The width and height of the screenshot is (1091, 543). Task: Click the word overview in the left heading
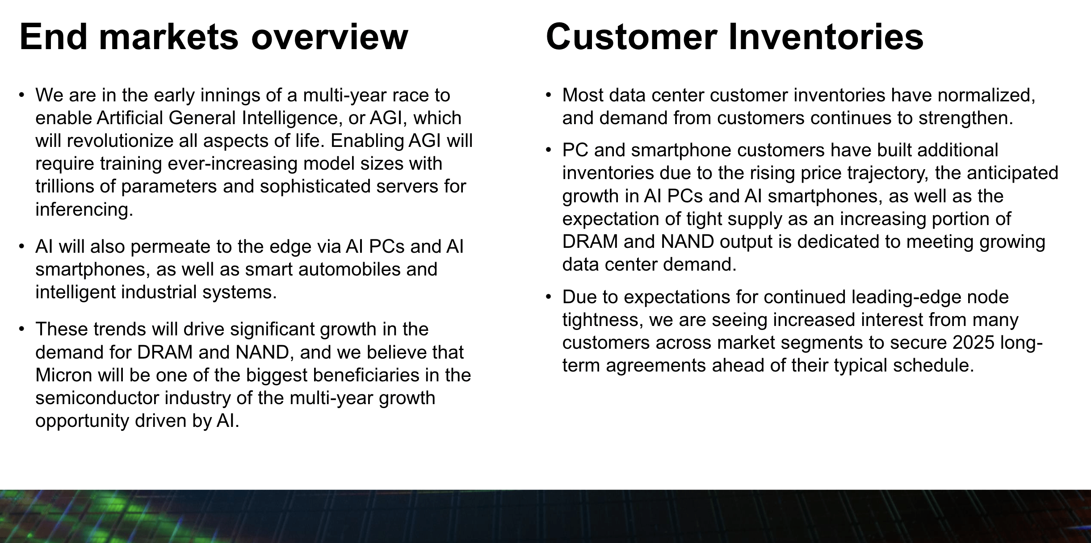pos(329,37)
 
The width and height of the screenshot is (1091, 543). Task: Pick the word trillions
pos(64,186)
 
